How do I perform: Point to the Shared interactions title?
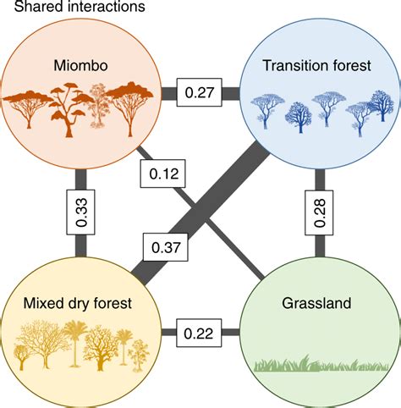click(72, 8)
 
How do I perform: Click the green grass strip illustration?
click(321, 366)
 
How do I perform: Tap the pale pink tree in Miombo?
click(100, 106)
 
